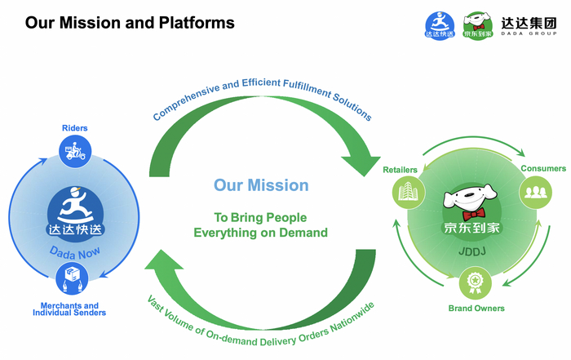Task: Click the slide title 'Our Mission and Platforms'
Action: [130, 23]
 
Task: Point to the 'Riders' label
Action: [74, 128]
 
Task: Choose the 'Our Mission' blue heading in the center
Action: [261, 185]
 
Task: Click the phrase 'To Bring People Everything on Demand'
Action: [260, 225]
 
